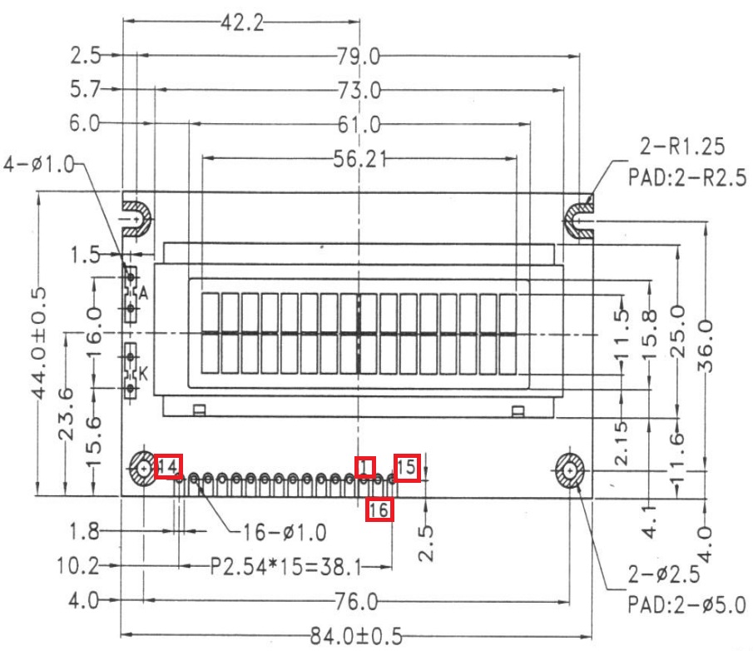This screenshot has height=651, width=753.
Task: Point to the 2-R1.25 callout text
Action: (x=681, y=147)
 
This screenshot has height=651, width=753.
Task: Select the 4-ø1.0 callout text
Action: (x=38, y=161)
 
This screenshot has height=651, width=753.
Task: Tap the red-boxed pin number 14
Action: (x=168, y=467)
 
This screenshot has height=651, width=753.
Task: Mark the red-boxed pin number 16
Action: (x=379, y=509)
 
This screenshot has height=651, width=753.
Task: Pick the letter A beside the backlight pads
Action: (x=143, y=293)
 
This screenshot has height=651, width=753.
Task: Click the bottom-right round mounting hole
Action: (x=570, y=471)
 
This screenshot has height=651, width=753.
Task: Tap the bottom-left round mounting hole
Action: (x=143, y=470)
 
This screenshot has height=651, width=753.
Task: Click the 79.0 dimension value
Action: (x=359, y=57)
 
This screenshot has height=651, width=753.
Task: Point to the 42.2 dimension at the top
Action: (x=242, y=23)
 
